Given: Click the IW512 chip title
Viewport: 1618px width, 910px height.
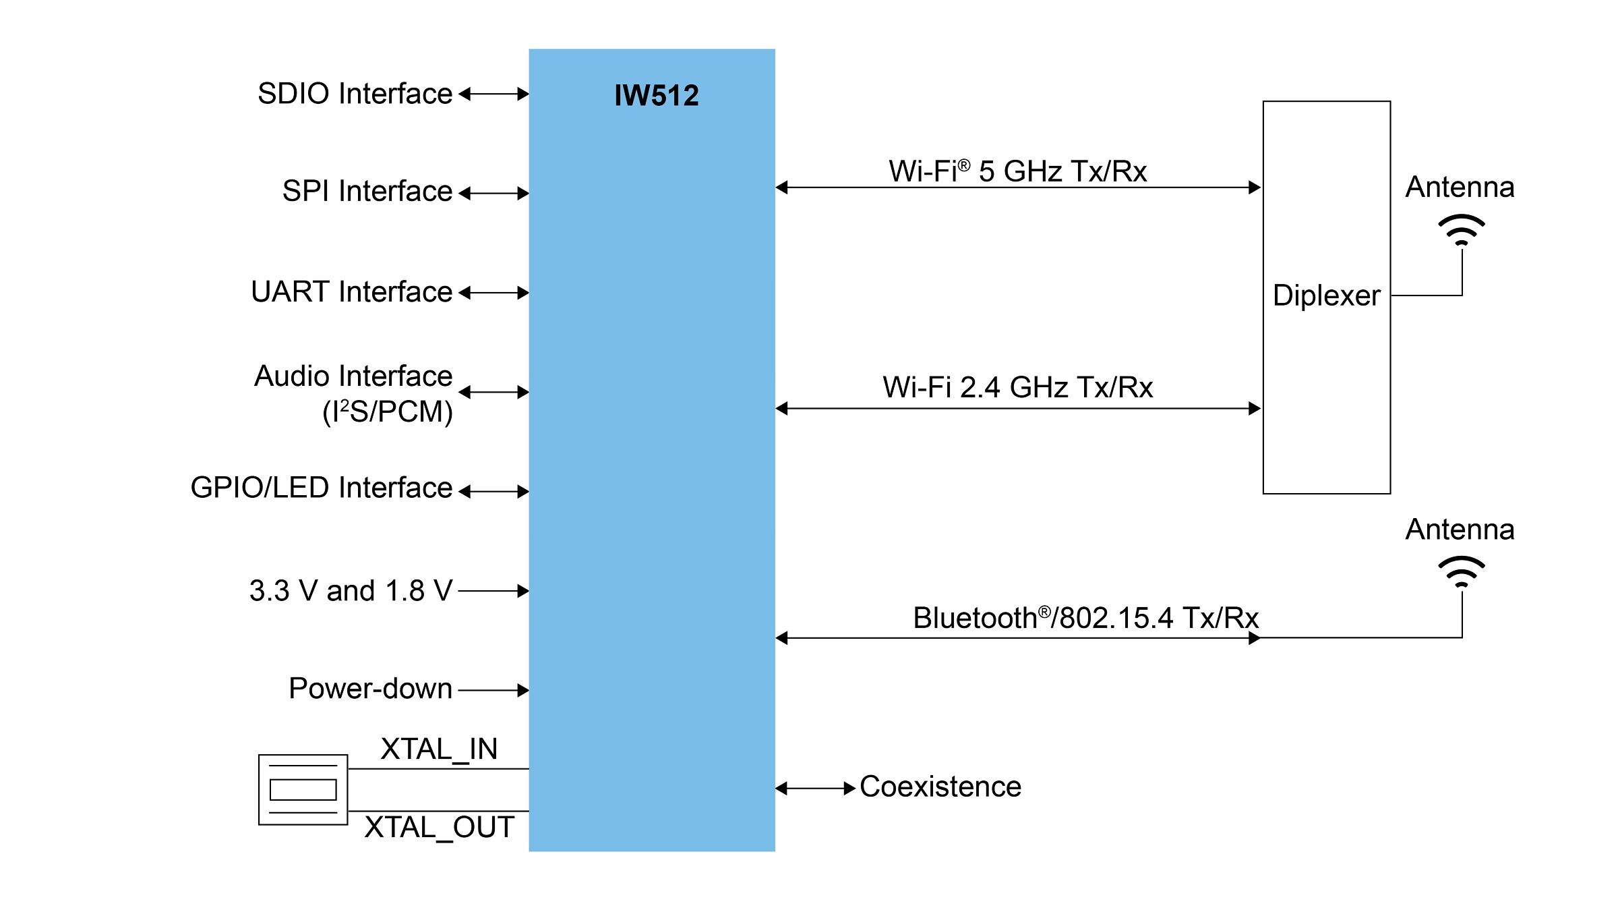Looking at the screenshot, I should (656, 96).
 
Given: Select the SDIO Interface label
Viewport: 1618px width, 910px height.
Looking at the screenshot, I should (355, 94).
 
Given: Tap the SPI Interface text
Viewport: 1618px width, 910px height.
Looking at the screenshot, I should (367, 192).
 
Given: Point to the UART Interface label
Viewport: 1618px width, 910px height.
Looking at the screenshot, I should (351, 292).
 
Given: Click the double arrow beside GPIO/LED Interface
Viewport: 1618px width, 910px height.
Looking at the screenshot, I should (493, 492).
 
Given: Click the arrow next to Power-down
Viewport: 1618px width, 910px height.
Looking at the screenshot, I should (493, 690).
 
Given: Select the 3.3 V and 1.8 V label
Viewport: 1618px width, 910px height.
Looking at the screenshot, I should (351, 591).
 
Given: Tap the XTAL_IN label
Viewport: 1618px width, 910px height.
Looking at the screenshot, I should (439, 749).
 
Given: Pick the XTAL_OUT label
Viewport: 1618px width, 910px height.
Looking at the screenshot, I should (439, 828).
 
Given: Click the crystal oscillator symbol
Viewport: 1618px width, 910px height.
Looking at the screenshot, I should (303, 789).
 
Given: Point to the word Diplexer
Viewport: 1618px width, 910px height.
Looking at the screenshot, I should (1326, 295).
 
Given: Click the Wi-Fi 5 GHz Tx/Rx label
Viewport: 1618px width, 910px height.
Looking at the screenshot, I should (1017, 171).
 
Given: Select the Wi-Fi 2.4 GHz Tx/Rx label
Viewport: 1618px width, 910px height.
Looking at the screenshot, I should (1017, 388).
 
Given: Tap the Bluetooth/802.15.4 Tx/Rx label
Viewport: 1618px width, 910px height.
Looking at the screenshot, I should (1085, 618).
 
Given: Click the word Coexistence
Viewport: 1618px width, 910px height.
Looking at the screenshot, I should (940, 787).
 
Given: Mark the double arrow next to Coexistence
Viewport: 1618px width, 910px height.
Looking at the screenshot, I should (815, 788).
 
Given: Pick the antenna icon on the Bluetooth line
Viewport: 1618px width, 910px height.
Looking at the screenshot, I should (1462, 572).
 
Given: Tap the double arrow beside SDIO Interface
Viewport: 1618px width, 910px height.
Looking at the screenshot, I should (493, 94).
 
